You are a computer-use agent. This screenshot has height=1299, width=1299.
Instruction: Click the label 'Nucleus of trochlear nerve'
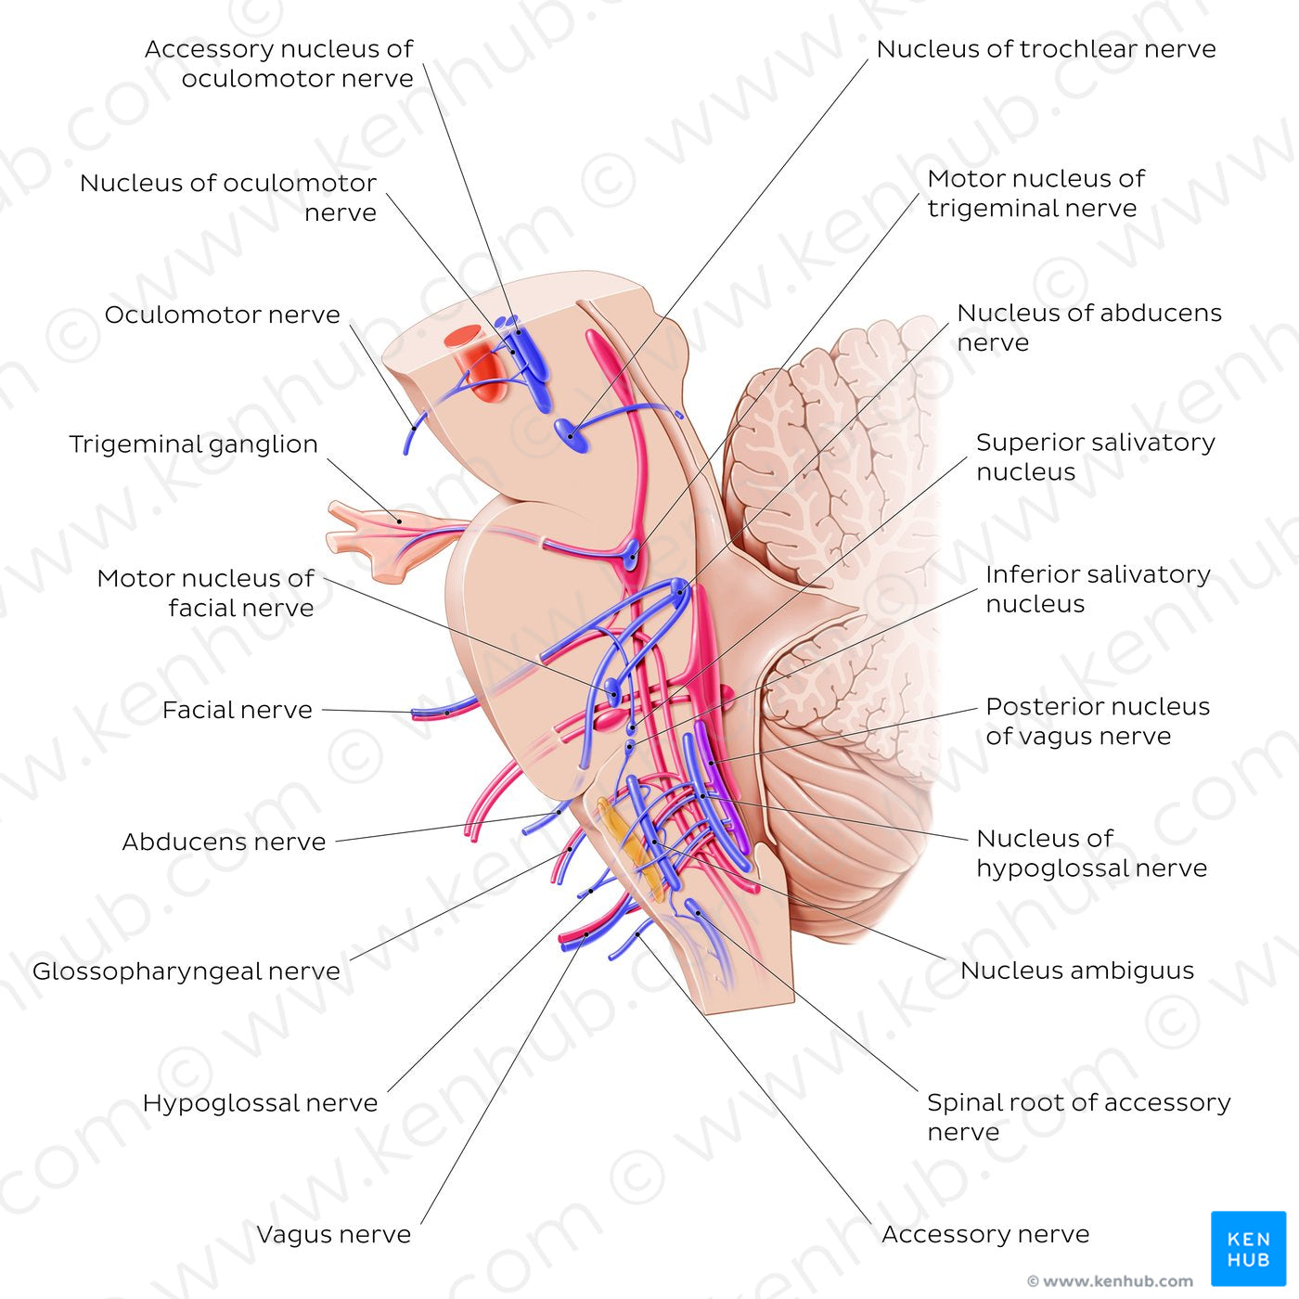pos(1046,49)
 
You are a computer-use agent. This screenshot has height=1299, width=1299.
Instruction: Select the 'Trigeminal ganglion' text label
pos(194,444)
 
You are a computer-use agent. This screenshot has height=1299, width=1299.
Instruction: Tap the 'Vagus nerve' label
pos(334,1235)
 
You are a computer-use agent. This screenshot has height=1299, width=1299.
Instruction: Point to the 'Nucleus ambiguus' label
pos(1077,971)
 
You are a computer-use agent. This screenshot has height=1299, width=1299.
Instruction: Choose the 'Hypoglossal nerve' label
pos(261,1103)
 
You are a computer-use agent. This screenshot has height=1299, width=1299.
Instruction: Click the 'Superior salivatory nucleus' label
pos(1095,457)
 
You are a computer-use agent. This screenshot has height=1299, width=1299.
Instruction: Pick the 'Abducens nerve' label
pos(225,842)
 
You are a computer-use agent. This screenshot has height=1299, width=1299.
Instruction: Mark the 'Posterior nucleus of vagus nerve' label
pos(1097,721)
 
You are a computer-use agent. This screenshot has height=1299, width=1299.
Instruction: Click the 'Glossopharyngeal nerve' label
pos(186,971)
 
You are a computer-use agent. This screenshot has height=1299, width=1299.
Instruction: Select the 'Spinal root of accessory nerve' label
pos(1078,1117)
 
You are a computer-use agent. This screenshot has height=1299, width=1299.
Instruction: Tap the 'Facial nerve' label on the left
pos(238,710)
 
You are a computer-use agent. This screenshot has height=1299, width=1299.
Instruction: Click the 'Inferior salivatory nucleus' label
pos(1097,589)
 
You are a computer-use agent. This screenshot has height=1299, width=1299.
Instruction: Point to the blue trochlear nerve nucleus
pos(572,434)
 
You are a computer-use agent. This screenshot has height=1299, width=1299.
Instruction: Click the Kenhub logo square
pos(1248,1248)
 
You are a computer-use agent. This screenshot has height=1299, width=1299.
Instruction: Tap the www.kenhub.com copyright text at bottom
pos(1110,1281)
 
